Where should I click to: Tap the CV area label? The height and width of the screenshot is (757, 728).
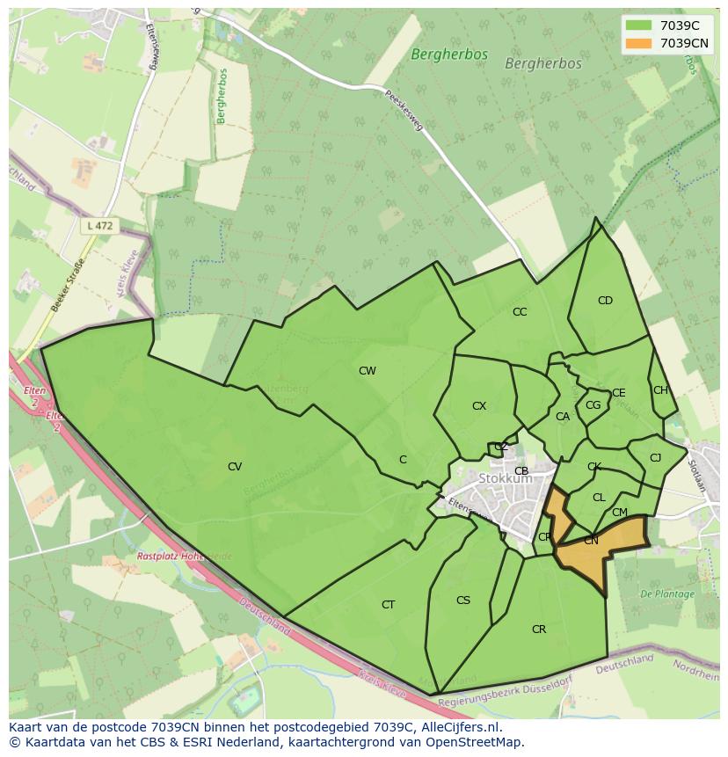(235, 467)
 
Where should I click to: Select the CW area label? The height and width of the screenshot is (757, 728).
(368, 371)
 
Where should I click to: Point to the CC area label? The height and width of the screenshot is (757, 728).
(520, 312)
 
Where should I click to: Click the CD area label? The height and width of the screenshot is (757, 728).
(605, 301)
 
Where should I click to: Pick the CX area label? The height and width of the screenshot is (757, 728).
(479, 406)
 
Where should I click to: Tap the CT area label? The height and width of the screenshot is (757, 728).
(388, 605)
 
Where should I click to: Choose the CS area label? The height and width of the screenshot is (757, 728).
(463, 601)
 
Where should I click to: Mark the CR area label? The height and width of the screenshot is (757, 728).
(539, 630)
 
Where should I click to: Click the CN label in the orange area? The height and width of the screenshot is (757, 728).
(591, 541)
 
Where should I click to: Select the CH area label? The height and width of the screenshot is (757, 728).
(660, 390)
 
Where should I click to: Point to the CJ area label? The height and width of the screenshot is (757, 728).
(655, 458)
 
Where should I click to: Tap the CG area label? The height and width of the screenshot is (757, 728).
(593, 405)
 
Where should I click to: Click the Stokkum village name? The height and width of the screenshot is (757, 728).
(506, 479)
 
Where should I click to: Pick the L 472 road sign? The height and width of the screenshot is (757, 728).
(99, 226)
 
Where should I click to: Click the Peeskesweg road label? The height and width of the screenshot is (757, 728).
(404, 110)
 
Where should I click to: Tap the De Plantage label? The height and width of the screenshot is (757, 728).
(667, 594)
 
